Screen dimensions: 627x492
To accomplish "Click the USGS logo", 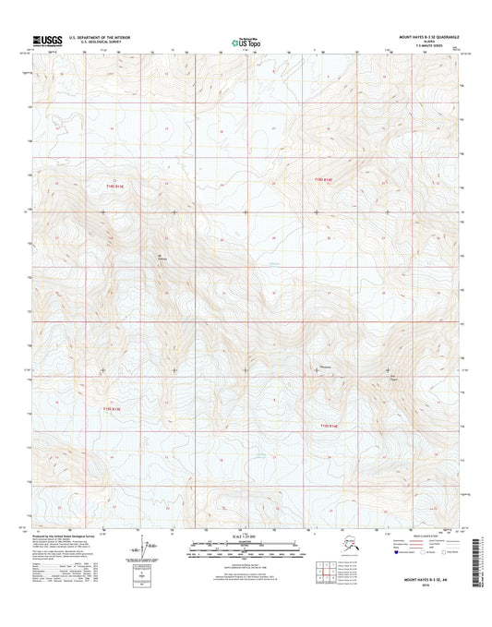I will coord(48,40).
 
